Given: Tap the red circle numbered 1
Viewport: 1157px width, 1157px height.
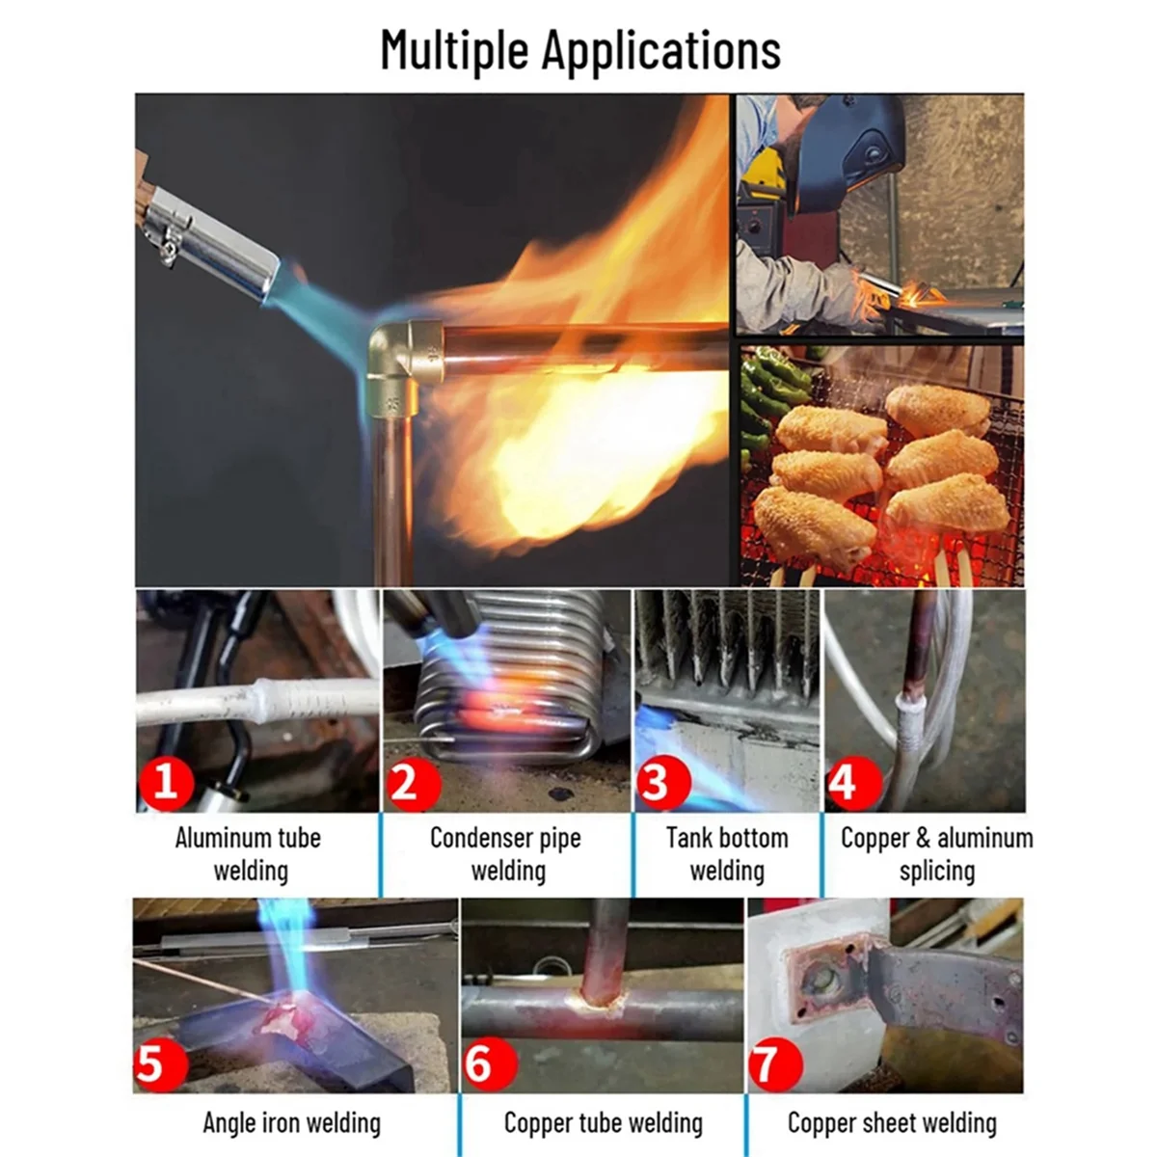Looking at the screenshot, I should pyautogui.click(x=166, y=779).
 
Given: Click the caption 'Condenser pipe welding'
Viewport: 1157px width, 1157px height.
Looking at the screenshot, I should pyautogui.click(x=506, y=854).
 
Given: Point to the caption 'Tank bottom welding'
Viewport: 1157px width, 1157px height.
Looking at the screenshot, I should pyautogui.click(x=727, y=854).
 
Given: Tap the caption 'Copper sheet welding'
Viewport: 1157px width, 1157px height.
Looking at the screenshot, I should pyautogui.click(x=892, y=1122).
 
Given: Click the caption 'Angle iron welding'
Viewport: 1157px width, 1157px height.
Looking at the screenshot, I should pyautogui.click(x=291, y=1122).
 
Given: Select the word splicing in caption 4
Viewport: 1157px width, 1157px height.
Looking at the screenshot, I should pyautogui.click(x=936, y=872).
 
